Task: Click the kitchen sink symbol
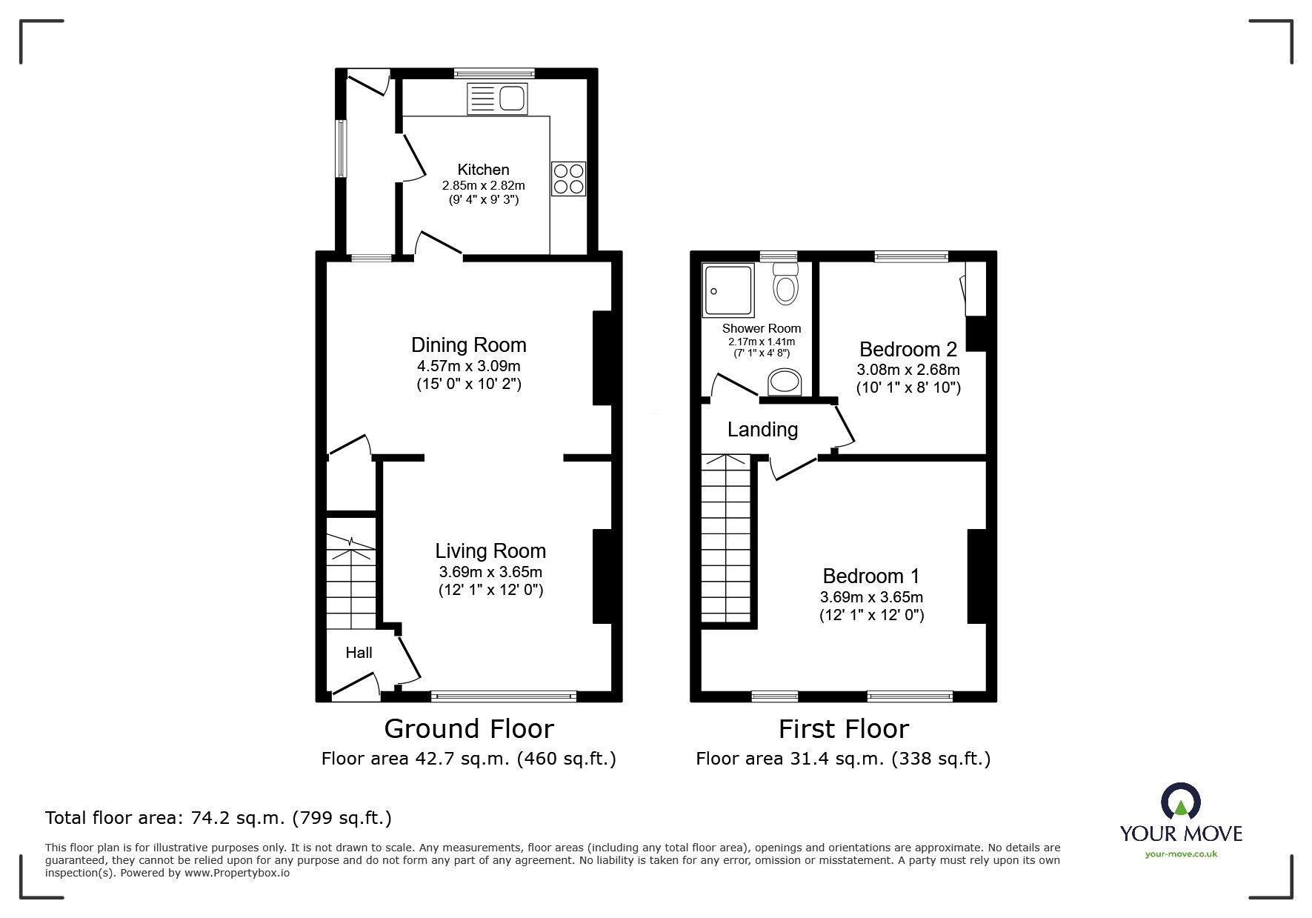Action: (496, 99)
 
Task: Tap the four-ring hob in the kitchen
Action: (568, 179)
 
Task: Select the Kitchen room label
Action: (483, 169)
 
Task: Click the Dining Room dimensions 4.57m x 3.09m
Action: (468, 365)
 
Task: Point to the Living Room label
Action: (490, 551)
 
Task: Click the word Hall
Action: (359, 653)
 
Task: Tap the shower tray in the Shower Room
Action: (727, 290)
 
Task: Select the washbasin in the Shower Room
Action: (785, 382)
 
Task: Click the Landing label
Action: (762, 430)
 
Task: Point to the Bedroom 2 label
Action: (908, 349)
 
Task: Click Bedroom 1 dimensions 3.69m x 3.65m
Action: (871, 597)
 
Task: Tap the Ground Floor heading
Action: (468, 729)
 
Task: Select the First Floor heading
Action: (843, 729)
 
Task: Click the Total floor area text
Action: (219, 818)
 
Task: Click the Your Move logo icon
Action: (1181, 801)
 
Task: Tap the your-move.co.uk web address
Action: (1181, 854)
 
